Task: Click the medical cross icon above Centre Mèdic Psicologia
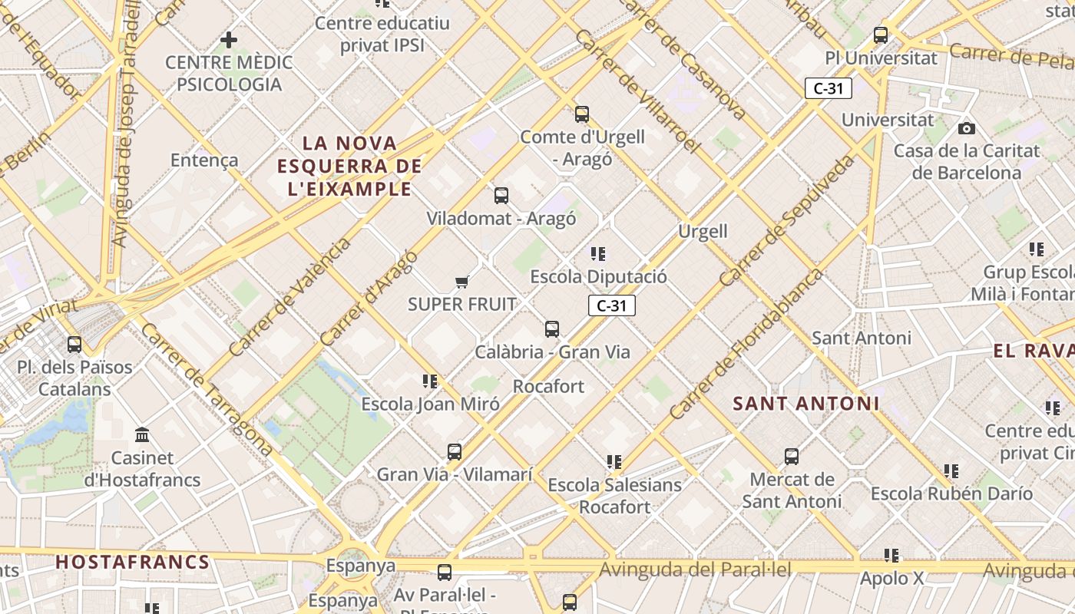point(228,39)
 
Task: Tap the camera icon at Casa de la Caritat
point(967,128)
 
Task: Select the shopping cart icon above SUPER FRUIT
point(461,282)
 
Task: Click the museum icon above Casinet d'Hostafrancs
point(142,435)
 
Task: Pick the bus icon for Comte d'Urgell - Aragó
point(582,114)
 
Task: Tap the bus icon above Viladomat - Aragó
point(501,196)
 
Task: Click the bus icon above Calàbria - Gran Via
point(552,329)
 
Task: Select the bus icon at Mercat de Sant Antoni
point(792,457)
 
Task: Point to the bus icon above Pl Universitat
point(881,35)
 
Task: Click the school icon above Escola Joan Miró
point(430,381)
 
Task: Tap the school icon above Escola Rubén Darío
point(951,470)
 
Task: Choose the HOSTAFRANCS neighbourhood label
point(133,562)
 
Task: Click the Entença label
point(204,160)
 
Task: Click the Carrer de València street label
point(289,297)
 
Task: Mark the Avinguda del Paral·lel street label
point(695,569)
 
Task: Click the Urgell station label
point(703,231)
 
